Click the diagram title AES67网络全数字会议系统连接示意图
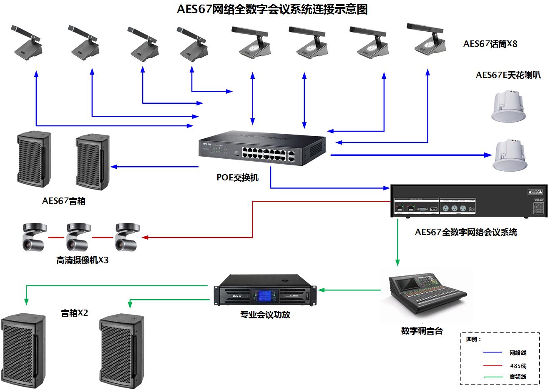click(272, 9)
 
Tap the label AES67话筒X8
click(490, 44)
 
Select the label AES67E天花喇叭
click(508, 75)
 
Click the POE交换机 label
click(237, 177)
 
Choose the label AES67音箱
click(64, 201)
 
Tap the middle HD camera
click(78, 236)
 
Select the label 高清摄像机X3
click(82, 260)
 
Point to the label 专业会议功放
click(265, 315)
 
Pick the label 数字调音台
click(422, 331)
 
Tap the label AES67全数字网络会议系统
click(466, 232)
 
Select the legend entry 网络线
click(518, 352)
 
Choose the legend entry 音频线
click(518, 376)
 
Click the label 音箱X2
click(75, 313)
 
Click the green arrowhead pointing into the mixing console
click(397, 263)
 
